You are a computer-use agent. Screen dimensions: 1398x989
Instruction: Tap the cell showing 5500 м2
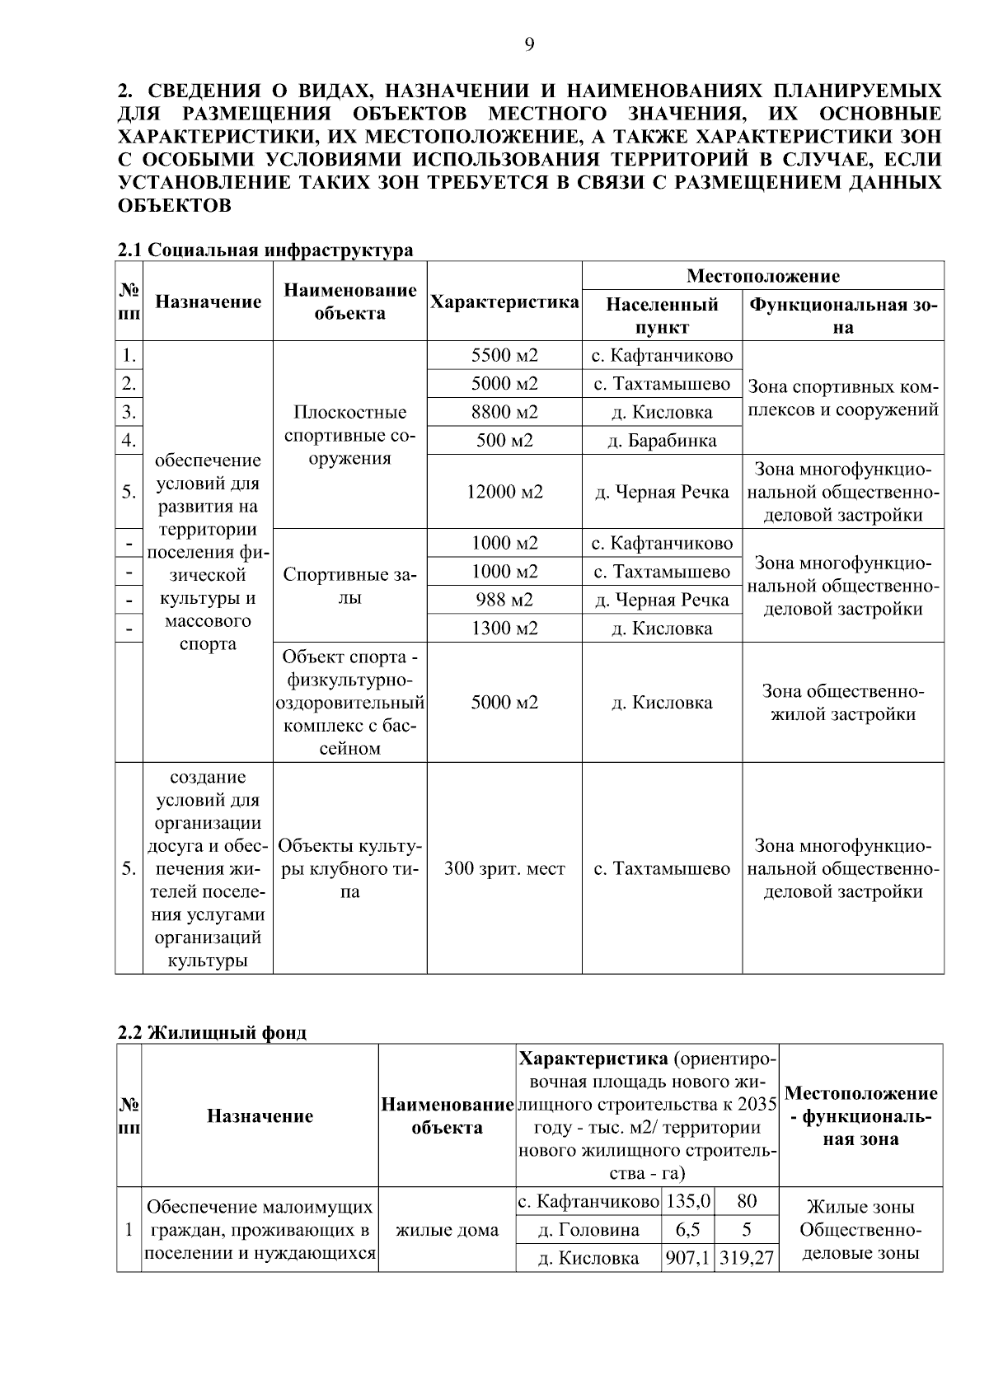504,356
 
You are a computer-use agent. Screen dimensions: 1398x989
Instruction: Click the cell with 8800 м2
504,412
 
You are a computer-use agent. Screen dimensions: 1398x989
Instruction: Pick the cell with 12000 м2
504,492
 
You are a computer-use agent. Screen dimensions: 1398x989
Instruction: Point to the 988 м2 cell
504,600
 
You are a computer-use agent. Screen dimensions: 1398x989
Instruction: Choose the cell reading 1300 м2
504,629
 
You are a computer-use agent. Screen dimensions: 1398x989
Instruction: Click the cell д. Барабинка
662,441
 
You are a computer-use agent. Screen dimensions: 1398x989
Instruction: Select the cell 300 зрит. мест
504,869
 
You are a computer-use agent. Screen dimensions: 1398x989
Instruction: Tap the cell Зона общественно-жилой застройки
842,703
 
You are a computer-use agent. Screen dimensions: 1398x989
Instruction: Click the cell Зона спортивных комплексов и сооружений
842,398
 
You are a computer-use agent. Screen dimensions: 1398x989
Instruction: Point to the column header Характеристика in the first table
504,302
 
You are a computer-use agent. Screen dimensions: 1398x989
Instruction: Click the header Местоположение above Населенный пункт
762,276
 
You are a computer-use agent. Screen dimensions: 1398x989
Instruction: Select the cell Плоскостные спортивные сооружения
349,435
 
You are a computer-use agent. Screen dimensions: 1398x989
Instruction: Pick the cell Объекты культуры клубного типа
349,869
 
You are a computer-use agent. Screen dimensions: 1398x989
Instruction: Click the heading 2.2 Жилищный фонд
212,1033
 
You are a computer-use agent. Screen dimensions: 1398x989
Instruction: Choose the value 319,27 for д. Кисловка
747,1258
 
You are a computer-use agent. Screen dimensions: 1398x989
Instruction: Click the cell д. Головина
588,1230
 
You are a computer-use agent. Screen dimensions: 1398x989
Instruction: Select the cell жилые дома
447,1230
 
